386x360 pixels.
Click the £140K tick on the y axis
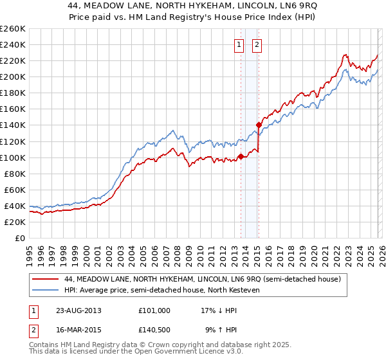tap(13, 125)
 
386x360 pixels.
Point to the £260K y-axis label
tap(13, 29)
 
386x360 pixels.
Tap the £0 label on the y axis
tap(20, 238)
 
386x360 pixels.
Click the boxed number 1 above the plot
tap(239, 45)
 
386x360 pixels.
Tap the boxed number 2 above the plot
tap(257, 45)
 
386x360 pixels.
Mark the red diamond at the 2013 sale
tap(241, 156)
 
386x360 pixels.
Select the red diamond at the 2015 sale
tap(258, 125)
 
